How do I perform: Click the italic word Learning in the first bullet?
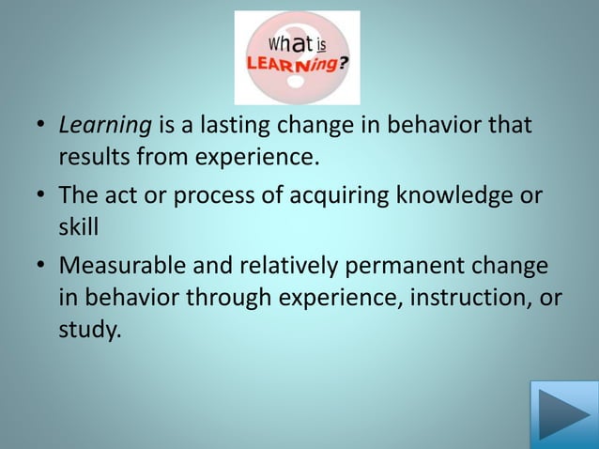(x=98, y=125)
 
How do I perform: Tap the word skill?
(x=78, y=224)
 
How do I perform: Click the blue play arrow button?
(x=563, y=414)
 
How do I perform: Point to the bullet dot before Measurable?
(x=41, y=266)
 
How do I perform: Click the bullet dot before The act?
(x=41, y=195)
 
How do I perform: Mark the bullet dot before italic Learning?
(x=41, y=125)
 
